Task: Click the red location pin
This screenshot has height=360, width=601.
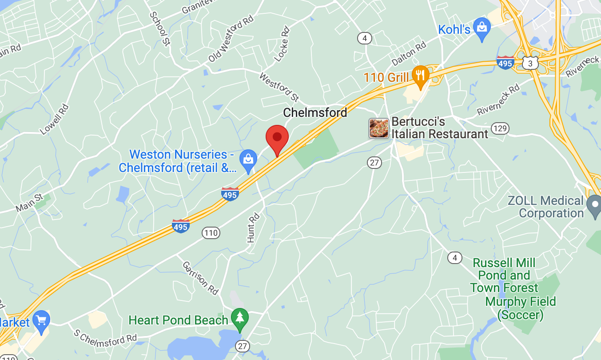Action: [277, 138]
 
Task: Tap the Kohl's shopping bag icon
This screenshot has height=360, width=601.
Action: [482, 28]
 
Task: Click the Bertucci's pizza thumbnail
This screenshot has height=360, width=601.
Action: [379, 128]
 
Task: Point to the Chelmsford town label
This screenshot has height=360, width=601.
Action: [315, 113]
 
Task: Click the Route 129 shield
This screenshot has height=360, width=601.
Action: [500, 129]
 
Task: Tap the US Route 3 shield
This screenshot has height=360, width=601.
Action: [530, 64]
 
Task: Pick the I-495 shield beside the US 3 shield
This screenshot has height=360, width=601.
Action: [505, 63]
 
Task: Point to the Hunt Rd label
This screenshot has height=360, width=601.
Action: [252, 228]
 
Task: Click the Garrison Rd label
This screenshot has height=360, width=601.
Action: [201, 278]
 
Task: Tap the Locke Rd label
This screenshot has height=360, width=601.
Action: [282, 44]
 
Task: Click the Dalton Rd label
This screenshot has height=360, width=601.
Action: [409, 54]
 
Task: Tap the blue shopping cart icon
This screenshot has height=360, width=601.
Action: [41, 321]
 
